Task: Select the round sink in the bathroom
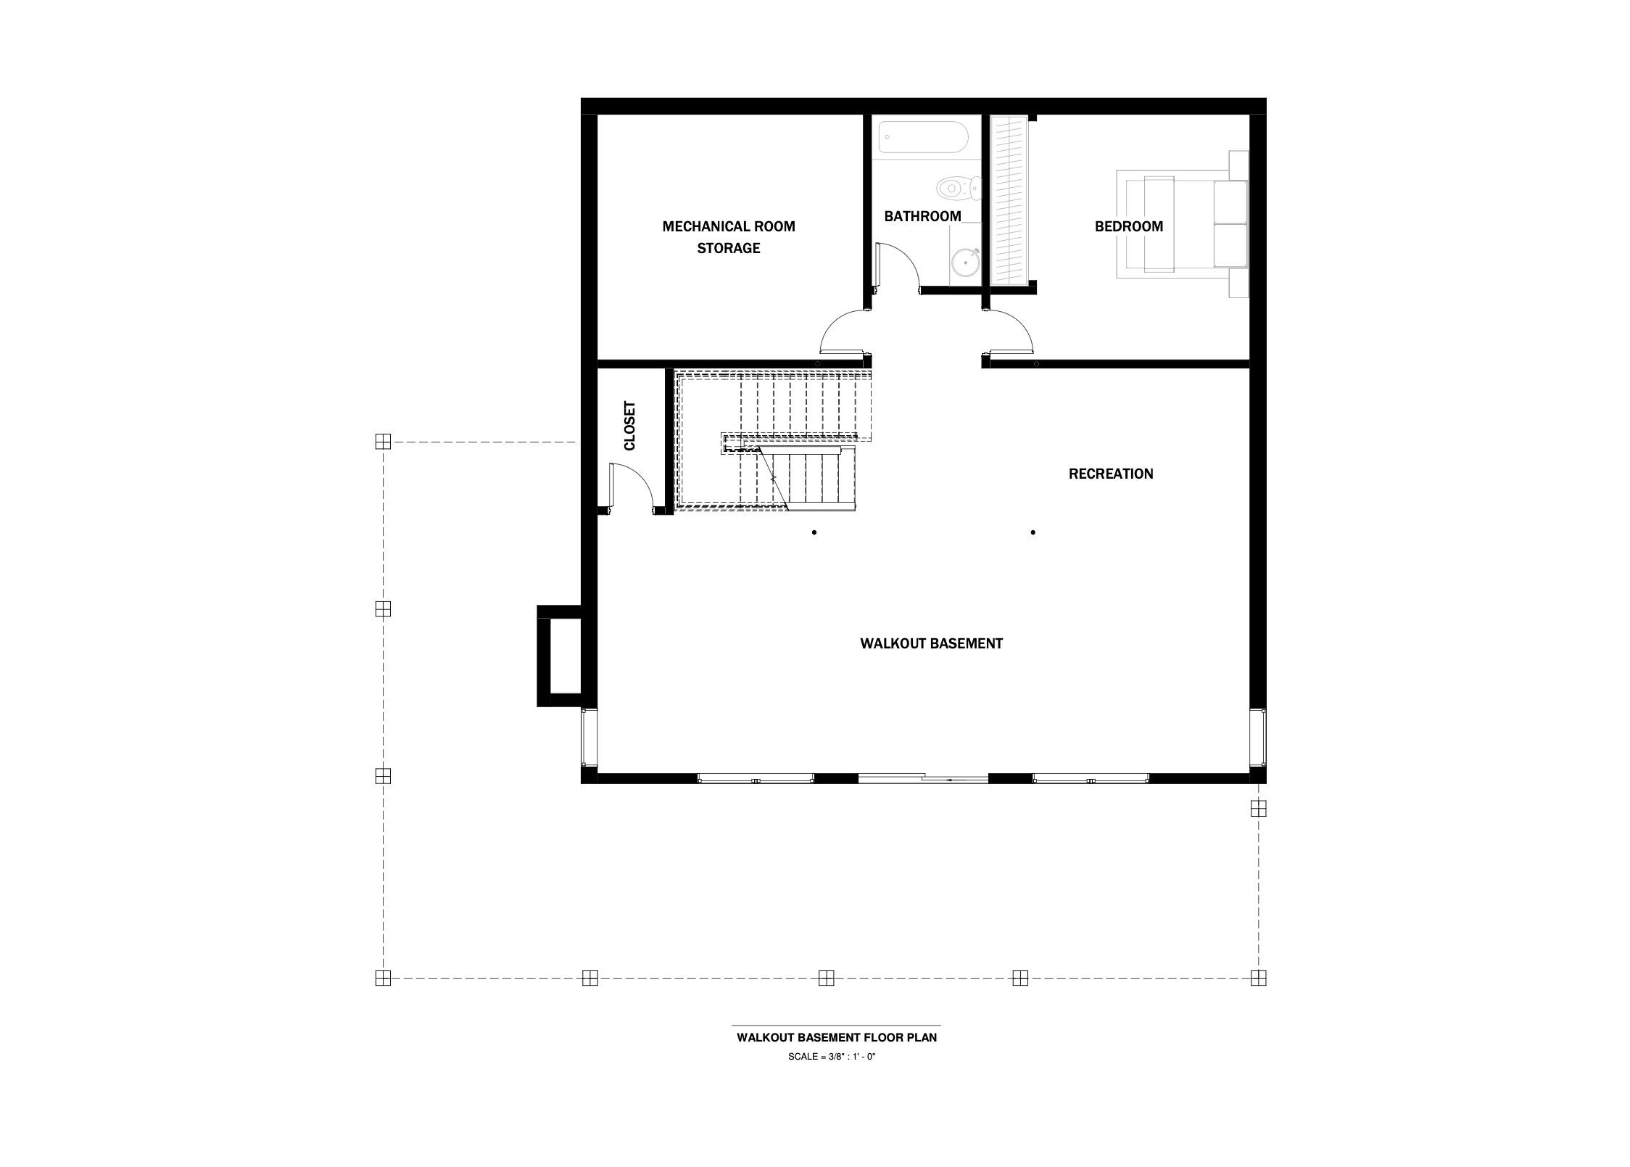pos(964,263)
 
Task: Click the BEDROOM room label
pos(1128,226)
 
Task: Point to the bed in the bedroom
pos(1182,224)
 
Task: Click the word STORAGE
pos(728,248)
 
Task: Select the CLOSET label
pos(629,426)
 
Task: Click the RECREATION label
pos(1110,474)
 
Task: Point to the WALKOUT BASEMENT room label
pos(931,643)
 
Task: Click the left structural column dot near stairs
pos(814,532)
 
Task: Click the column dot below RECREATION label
pos(1033,532)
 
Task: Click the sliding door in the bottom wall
pos(922,778)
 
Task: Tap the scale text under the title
pos(832,1057)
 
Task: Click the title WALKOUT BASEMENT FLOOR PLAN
pos(836,1037)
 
